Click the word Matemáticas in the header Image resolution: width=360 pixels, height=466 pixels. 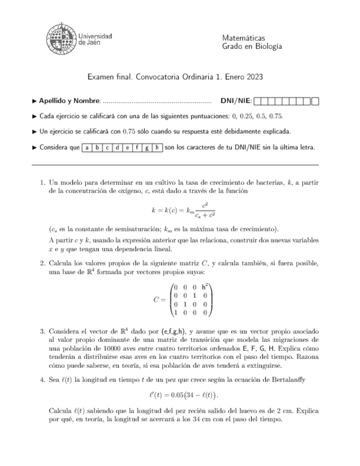(243, 38)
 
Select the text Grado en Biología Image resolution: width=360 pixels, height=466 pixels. (252, 47)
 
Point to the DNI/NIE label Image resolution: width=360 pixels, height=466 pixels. (236, 101)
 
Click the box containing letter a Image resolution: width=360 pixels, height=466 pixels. (87, 147)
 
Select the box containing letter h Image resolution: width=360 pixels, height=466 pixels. (157, 147)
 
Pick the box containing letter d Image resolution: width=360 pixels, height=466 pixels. (117, 147)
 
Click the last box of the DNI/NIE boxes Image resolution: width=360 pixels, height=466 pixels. (314, 101)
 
